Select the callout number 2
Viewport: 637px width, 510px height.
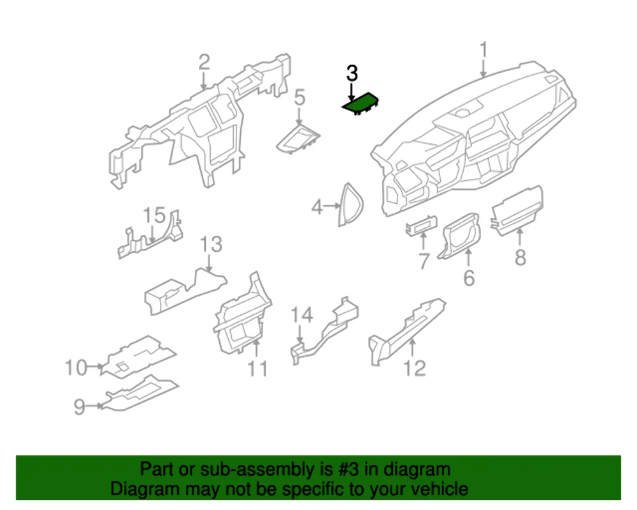pos(203,62)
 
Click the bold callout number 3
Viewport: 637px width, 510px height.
pos(352,73)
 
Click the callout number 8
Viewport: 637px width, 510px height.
pos(520,258)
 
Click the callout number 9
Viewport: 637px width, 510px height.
pos(79,406)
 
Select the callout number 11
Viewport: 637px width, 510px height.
pos(257,368)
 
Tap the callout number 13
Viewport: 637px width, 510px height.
pos(211,244)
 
